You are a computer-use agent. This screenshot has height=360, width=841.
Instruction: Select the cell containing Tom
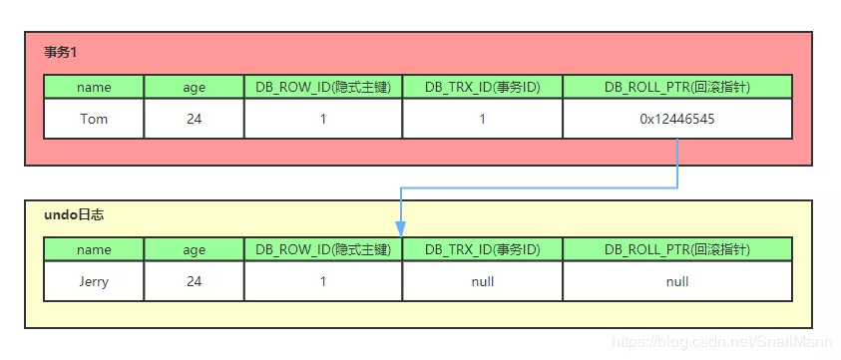(94, 119)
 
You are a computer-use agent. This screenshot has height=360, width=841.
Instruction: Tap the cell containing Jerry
(94, 281)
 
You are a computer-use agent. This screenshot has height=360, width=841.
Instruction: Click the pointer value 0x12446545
(677, 119)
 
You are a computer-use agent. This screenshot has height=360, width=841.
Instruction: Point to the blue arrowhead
(400, 228)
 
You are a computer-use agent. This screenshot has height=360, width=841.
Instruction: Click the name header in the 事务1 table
(94, 87)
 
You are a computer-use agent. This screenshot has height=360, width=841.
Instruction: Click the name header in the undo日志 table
(94, 249)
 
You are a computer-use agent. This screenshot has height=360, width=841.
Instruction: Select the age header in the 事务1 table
(194, 87)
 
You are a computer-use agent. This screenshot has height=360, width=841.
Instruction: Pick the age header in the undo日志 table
(194, 249)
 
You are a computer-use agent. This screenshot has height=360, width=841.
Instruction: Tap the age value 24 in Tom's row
(194, 119)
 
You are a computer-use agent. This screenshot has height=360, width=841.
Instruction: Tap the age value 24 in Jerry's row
(194, 281)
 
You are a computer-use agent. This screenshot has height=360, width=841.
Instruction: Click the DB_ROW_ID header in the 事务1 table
(323, 87)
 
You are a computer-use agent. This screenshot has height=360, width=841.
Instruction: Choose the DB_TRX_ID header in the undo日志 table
(483, 249)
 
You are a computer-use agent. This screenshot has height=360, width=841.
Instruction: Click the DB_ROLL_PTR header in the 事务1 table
(677, 87)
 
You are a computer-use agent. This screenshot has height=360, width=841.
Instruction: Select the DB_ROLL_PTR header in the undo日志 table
(677, 249)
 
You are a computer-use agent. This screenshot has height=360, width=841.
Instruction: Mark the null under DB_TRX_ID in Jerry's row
(483, 281)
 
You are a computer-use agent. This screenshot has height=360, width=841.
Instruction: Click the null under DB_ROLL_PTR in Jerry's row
(677, 281)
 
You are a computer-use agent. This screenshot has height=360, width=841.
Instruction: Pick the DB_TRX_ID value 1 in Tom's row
(483, 119)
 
